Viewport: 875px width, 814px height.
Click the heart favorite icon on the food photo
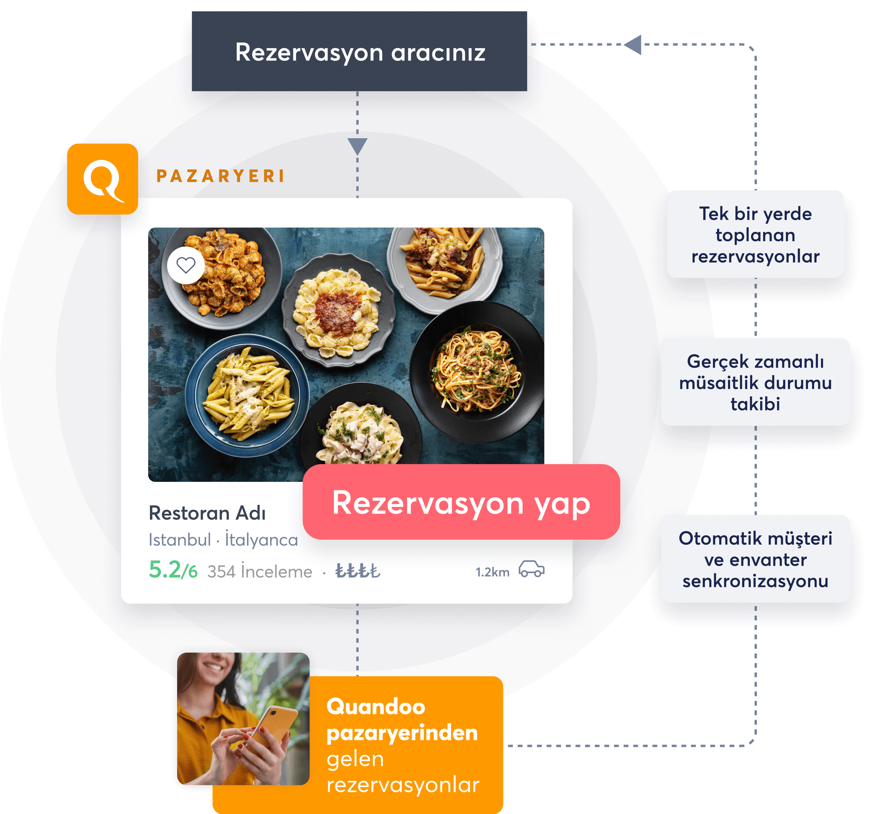pyautogui.click(x=186, y=265)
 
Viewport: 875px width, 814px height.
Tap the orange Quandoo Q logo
pyautogui.click(x=102, y=179)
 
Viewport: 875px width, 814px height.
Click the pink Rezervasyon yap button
pyautogui.click(x=461, y=502)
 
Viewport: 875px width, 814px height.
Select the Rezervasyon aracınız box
pyautogui.click(x=360, y=51)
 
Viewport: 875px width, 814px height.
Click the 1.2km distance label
pyautogui.click(x=492, y=572)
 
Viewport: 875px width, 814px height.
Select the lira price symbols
pyautogui.click(x=358, y=571)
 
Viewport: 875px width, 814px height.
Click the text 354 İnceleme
pyautogui.click(x=260, y=571)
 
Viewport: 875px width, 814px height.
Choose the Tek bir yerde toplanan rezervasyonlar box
pyautogui.click(x=755, y=234)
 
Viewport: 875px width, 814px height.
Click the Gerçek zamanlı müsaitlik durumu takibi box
pyautogui.click(x=755, y=382)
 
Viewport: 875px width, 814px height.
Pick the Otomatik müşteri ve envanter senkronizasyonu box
pyautogui.click(x=755, y=559)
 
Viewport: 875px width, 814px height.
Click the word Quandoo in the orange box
pyautogui.click(x=376, y=707)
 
